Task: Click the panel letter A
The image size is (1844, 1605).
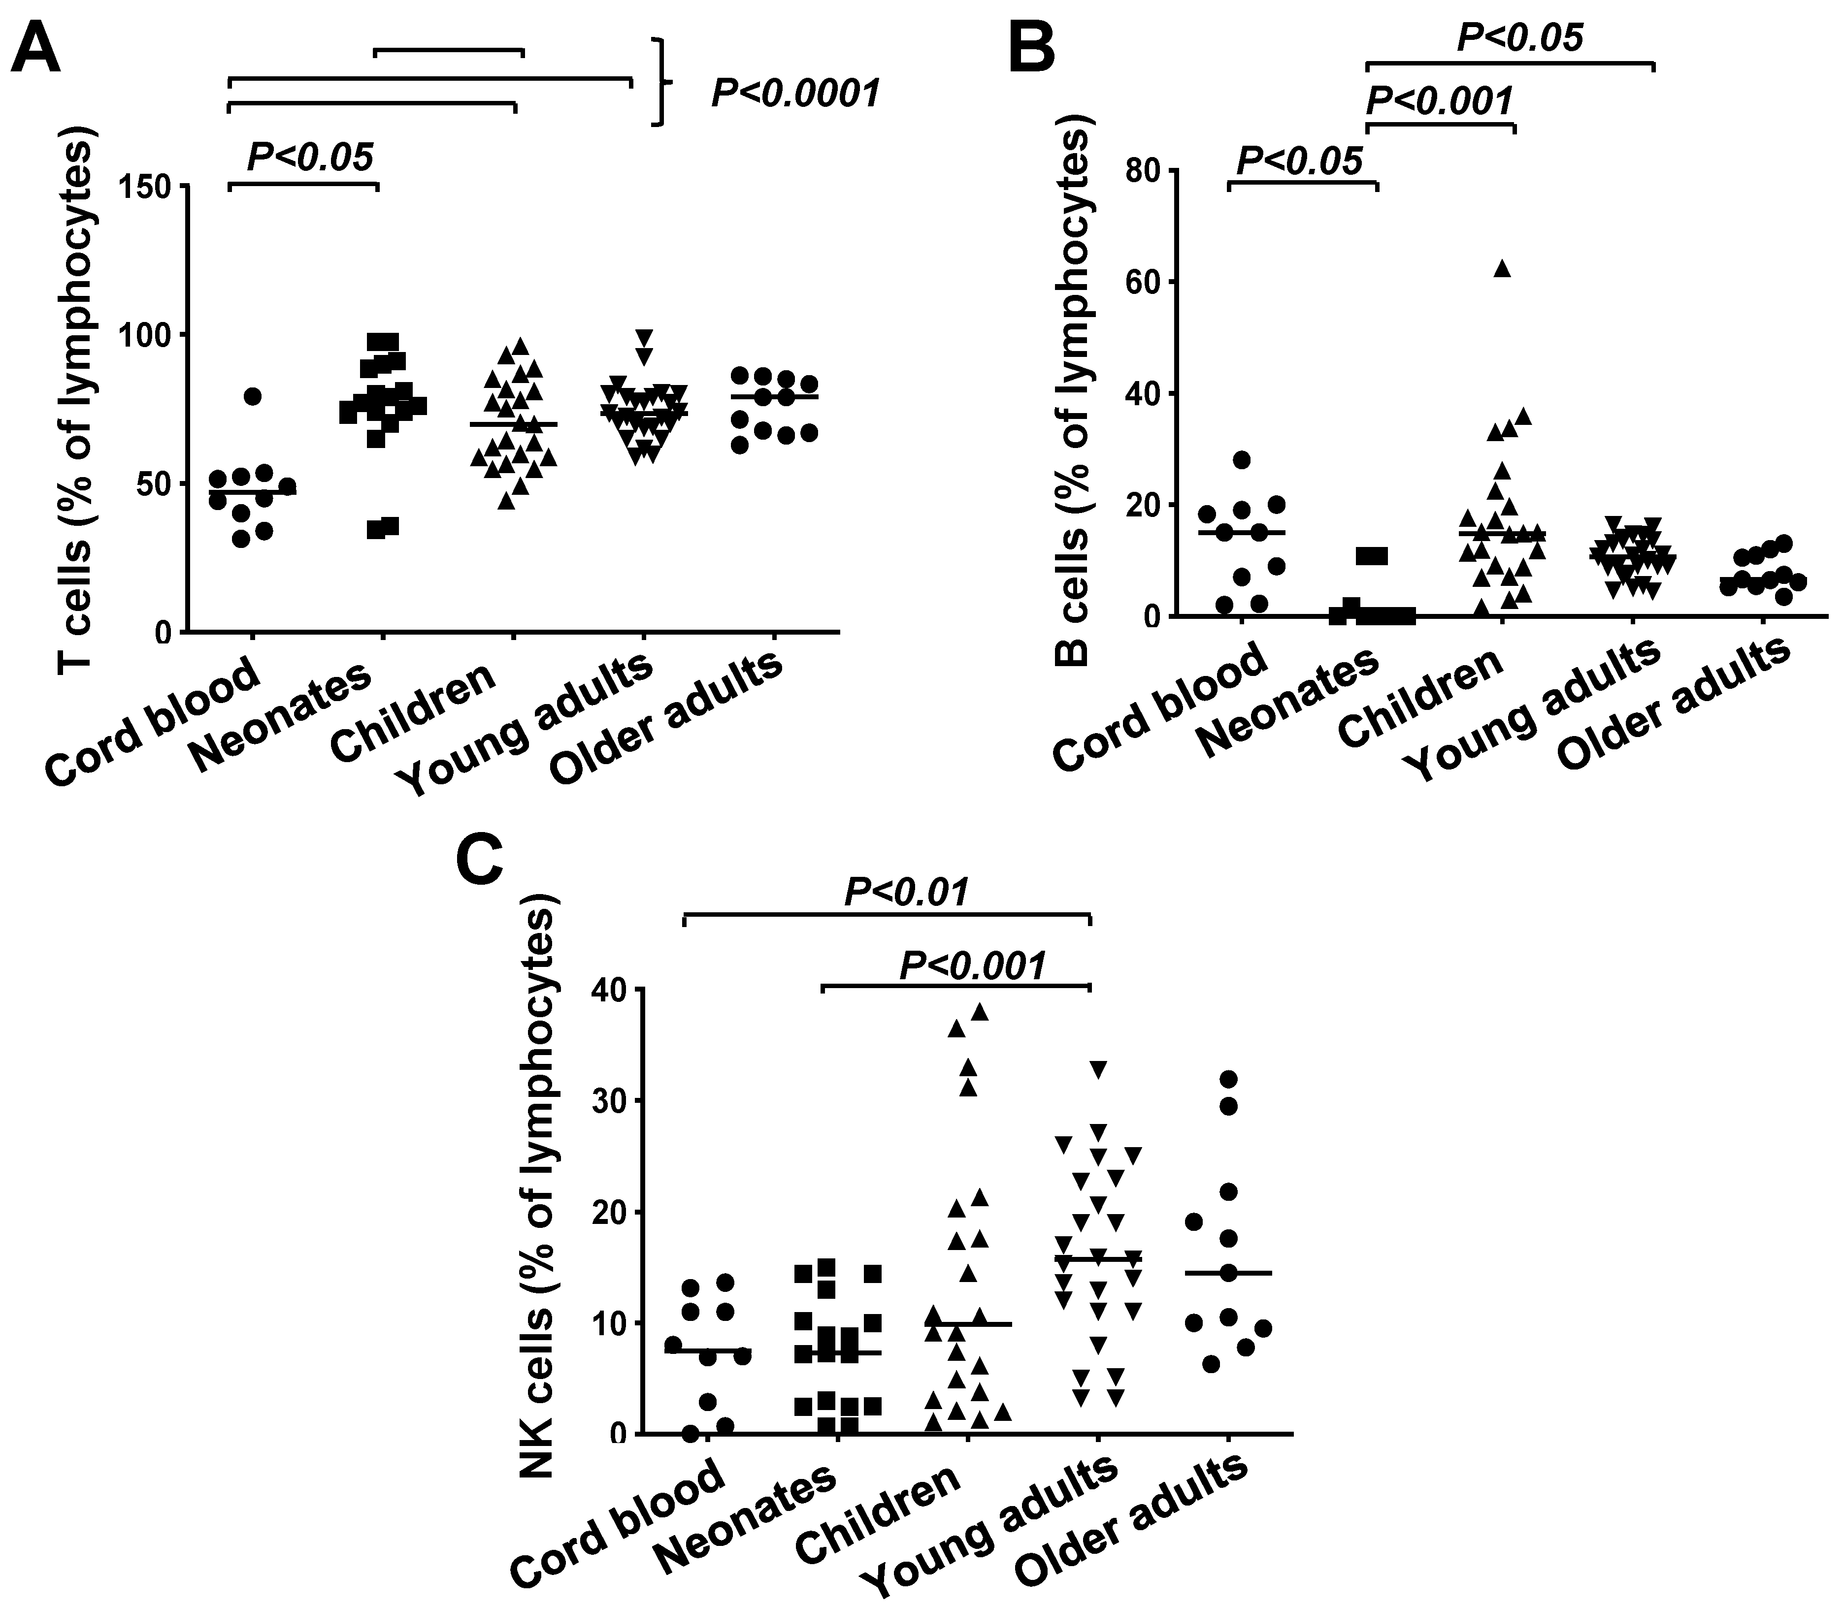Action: pyautogui.click(x=36, y=49)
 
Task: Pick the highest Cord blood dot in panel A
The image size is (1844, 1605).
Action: pyautogui.click(x=253, y=396)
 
